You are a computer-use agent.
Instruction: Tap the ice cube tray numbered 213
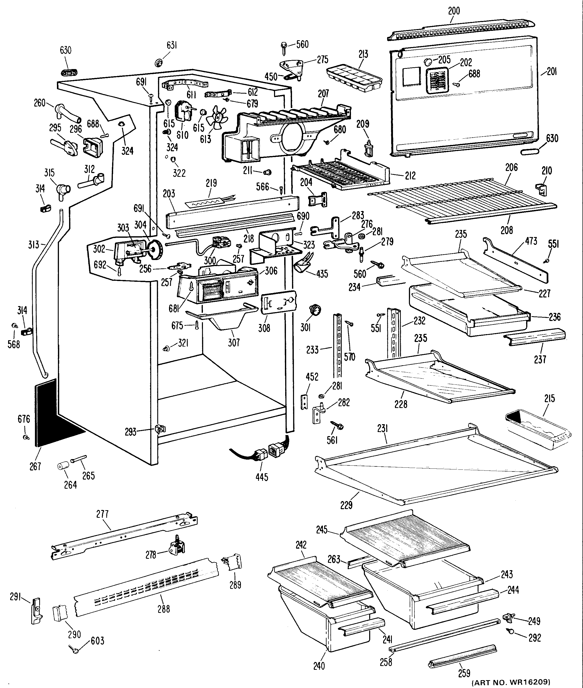(x=354, y=79)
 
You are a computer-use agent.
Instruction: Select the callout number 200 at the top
(x=454, y=11)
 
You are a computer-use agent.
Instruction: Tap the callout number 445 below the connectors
(x=262, y=477)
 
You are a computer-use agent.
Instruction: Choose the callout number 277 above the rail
(x=102, y=514)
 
